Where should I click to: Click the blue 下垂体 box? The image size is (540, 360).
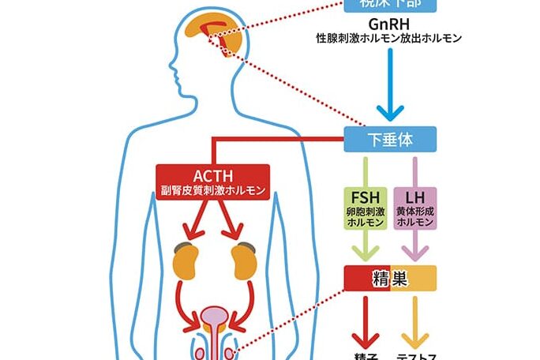pyautogui.click(x=390, y=141)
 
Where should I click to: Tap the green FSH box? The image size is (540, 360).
pyautogui.click(x=364, y=208)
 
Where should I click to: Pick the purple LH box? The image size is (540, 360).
pyautogui.click(x=414, y=208)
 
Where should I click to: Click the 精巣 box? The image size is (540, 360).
pyautogui.click(x=390, y=277)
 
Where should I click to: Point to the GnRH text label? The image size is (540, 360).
pyautogui.click(x=388, y=23)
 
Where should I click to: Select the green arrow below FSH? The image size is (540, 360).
pyautogui.click(x=364, y=246)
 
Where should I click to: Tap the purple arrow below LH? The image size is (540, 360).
pyautogui.click(x=414, y=246)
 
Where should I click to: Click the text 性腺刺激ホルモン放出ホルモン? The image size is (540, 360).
pyautogui.click(x=388, y=38)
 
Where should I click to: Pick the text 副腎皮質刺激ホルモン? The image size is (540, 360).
pyautogui.click(x=213, y=190)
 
